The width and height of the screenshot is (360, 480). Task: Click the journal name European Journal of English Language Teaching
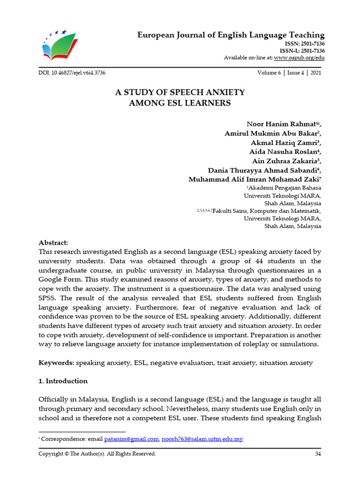(x=231, y=35)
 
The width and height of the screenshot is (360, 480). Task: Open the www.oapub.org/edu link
(x=299, y=58)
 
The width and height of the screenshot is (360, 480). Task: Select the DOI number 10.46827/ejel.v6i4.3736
(x=79, y=73)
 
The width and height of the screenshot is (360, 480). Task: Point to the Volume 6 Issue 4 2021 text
(x=289, y=73)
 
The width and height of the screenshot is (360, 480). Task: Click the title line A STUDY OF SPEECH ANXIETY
(x=180, y=92)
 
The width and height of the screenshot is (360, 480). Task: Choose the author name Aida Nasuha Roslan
(x=283, y=152)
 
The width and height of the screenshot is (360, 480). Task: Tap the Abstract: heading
(x=53, y=243)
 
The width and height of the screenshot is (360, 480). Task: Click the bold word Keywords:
(x=55, y=363)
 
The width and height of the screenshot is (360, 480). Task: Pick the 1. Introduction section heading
(x=63, y=381)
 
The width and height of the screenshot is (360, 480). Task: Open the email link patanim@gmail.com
(x=132, y=439)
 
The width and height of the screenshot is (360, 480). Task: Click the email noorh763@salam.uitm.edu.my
(x=202, y=439)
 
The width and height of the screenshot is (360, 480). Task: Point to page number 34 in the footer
(x=318, y=454)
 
